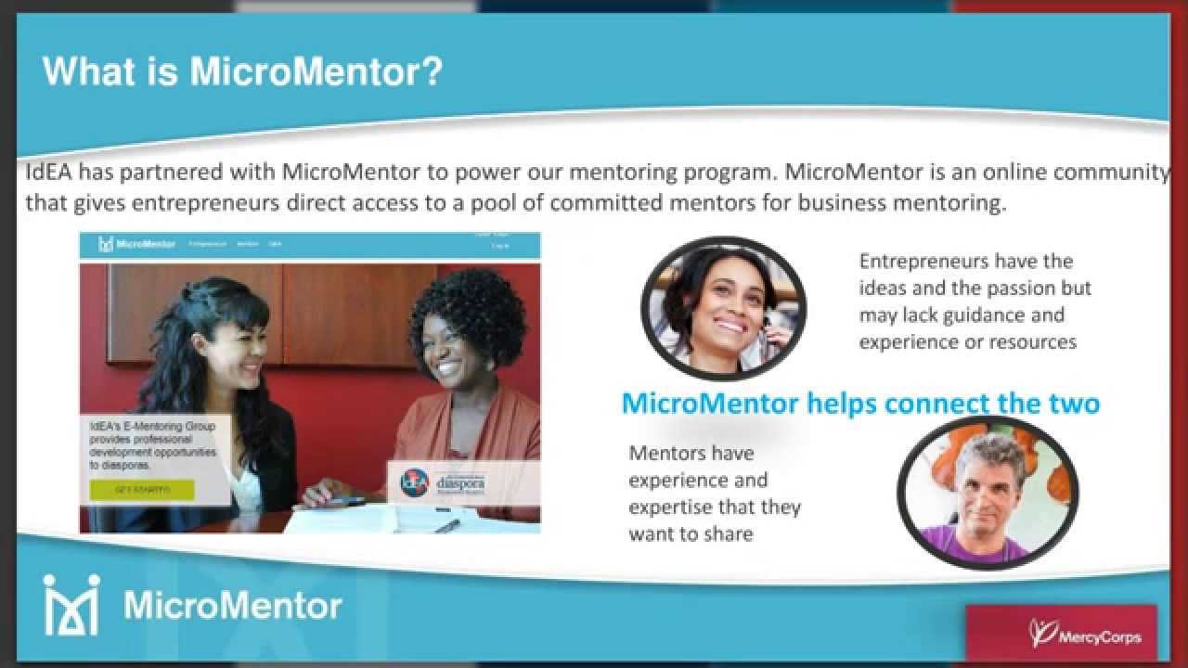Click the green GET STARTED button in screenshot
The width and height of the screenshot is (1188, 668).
(x=142, y=490)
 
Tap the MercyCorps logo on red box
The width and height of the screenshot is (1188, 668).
(x=1085, y=636)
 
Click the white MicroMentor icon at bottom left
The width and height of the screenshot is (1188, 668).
(x=71, y=604)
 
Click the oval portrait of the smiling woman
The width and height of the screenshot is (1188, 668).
(x=723, y=306)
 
